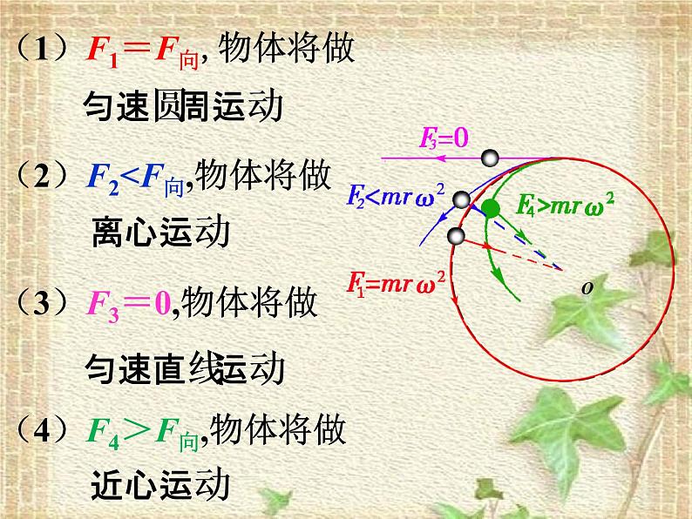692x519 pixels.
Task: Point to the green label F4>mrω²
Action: tap(566, 206)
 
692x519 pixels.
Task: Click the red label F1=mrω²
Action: tap(395, 281)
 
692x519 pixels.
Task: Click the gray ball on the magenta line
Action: tap(491, 158)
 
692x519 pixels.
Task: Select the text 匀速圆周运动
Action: tap(184, 108)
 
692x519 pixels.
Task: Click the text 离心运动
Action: tap(160, 233)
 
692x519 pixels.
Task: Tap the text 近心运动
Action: tap(160, 484)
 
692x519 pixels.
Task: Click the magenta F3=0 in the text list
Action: tap(131, 305)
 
